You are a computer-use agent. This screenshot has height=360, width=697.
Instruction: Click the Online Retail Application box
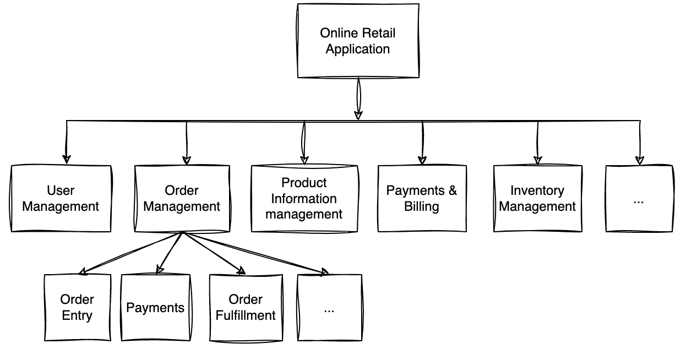(x=358, y=41)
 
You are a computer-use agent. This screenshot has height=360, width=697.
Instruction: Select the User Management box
(x=61, y=198)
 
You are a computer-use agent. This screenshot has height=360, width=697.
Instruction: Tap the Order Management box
(x=182, y=198)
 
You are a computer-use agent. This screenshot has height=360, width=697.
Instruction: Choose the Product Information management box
(x=304, y=198)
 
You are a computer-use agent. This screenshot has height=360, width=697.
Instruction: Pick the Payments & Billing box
(x=422, y=198)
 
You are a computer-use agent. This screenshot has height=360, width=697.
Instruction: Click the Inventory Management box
(x=537, y=198)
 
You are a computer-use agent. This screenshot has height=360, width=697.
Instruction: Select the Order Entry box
(x=77, y=307)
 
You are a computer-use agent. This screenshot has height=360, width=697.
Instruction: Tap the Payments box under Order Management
(x=155, y=307)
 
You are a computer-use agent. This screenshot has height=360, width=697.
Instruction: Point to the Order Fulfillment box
(x=245, y=307)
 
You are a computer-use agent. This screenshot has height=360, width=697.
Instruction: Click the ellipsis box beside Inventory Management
(x=639, y=198)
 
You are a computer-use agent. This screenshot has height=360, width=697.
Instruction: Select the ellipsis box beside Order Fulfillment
(x=329, y=307)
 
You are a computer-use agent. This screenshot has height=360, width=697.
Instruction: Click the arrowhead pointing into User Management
(x=67, y=159)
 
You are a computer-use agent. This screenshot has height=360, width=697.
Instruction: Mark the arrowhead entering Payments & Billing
(x=422, y=160)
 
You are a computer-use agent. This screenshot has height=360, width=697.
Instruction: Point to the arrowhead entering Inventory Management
(x=538, y=160)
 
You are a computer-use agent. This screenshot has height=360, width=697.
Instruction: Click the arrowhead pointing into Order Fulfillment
(x=241, y=271)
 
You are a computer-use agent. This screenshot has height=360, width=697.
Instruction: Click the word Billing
(x=422, y=207)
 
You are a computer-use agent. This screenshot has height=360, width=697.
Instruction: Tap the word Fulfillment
(x=245, y=315)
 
